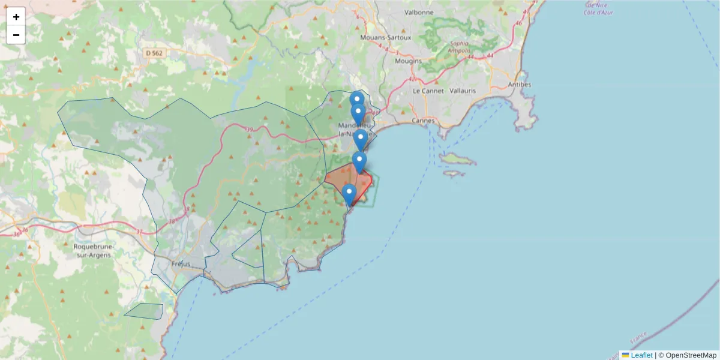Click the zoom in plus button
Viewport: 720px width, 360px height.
[16, 17]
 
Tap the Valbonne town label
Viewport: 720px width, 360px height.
[419, 12]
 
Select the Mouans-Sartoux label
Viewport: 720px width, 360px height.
[386, 37]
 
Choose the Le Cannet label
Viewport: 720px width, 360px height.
[428, 91]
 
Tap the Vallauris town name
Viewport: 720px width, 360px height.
[463, 91]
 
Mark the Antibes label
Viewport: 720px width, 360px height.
[520, 85]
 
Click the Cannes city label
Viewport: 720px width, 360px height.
[423, 121]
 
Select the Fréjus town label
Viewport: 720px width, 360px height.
[181, 264]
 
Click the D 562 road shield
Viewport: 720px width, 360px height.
[154, 53]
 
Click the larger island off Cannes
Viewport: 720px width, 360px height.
[458, 158]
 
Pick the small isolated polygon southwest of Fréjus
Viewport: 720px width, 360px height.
[145, 311]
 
